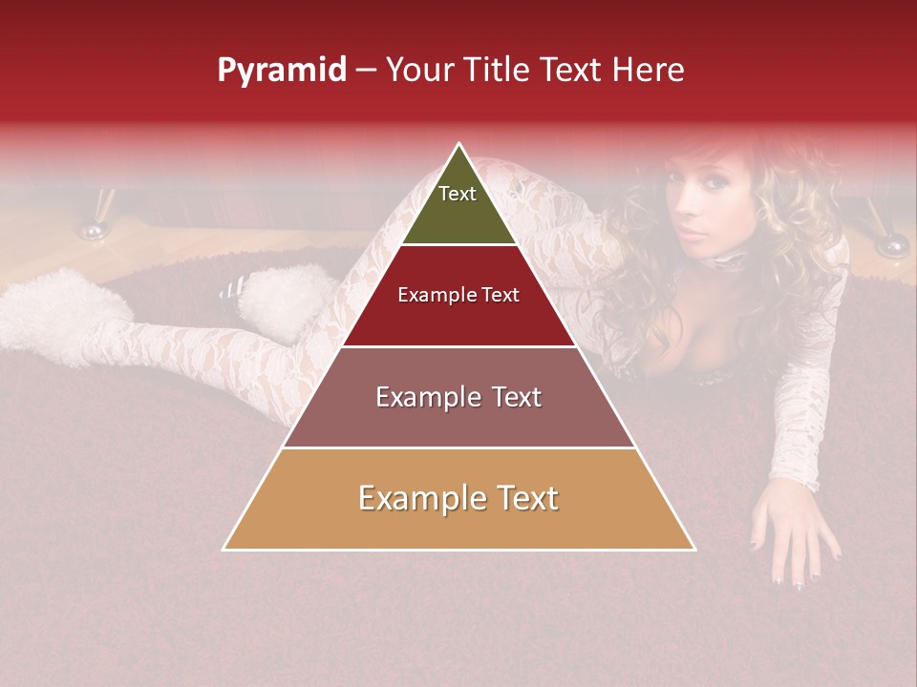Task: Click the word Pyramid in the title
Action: pyautogui.click(x=281, y=71)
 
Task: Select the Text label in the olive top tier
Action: pyautogui.click(x=458, y=194)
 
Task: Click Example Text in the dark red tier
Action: pyautogui.click(x=458, y=295)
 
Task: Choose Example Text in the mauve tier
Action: pyautogui.click(x=458, y=397)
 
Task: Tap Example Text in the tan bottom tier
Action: pyautogui.click(x=458, y=498)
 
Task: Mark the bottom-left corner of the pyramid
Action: pyautogui.click(x=224, y=550)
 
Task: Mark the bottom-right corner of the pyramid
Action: pyautogui.click(x=694, y=550)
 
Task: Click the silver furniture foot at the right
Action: pyautogui.click(x=891, y=245)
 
